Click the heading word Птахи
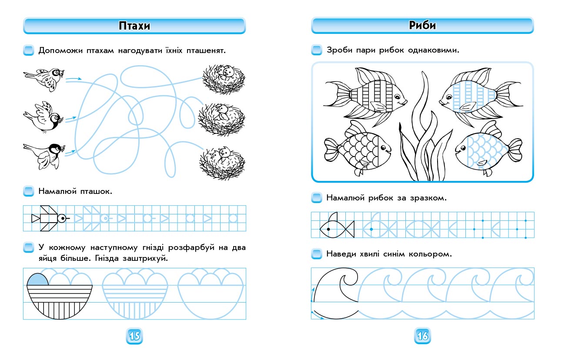click(x=134, y=26)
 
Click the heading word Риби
click(x=422, y=25)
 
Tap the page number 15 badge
click(x=134, y=336)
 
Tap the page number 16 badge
click(x=422, y=336)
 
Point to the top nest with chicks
click(x=224, y=79)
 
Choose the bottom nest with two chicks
click(x=222, y=163)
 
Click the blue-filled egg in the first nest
click(x=38, y=280)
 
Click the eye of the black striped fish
click(x=397, y=97)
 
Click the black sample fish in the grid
click(x=337, y=226)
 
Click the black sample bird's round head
click(x=61, y=218)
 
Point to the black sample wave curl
click(x=349, y=280)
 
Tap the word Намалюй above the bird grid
click(x=57, y=191)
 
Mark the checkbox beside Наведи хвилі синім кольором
click(x=317, y=254)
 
